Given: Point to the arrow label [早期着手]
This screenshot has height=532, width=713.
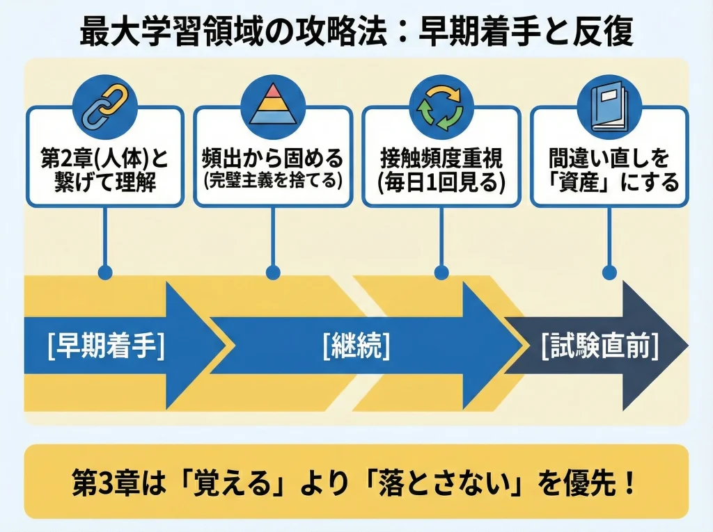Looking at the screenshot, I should click(x=107, y=346).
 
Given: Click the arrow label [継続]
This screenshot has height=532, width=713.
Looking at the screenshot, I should click(x=356, y=346).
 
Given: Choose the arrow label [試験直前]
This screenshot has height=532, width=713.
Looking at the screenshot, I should click(x=600, y=346).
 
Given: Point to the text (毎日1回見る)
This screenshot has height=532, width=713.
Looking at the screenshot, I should click(x=441, y=183).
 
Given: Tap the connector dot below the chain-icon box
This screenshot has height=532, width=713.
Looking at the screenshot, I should click(x=104, y=272).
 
